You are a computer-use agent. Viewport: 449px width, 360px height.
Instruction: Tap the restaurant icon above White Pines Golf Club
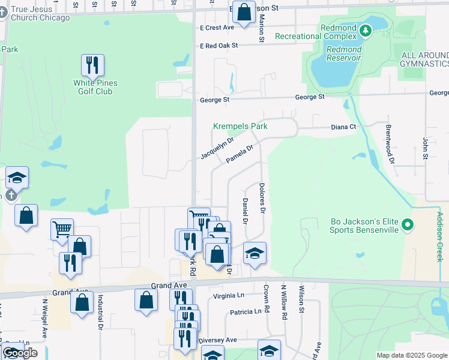coord(92,65)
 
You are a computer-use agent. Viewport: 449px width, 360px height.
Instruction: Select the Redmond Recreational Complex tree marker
coord(365,28)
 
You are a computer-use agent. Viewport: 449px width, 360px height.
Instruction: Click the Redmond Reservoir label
coord(344,53)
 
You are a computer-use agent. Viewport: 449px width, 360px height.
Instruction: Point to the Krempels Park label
coord(240,127)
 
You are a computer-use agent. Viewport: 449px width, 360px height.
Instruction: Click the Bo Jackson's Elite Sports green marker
coord(408,225)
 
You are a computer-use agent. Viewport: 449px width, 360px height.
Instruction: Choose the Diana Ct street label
coord(344,127)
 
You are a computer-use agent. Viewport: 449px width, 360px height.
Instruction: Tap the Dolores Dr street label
coord(262,199)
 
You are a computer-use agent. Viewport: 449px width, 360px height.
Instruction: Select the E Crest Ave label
coord(217,28)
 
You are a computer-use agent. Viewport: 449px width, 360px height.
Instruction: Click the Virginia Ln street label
coord(229,296)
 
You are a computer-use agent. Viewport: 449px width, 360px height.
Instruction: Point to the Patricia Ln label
coord(246,312)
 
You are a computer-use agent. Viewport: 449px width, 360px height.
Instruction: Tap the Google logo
coord(19,353)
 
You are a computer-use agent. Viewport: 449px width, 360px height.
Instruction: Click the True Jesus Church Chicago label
coord(40,13)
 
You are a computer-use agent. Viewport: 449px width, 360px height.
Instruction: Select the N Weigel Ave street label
coord(45,317)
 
